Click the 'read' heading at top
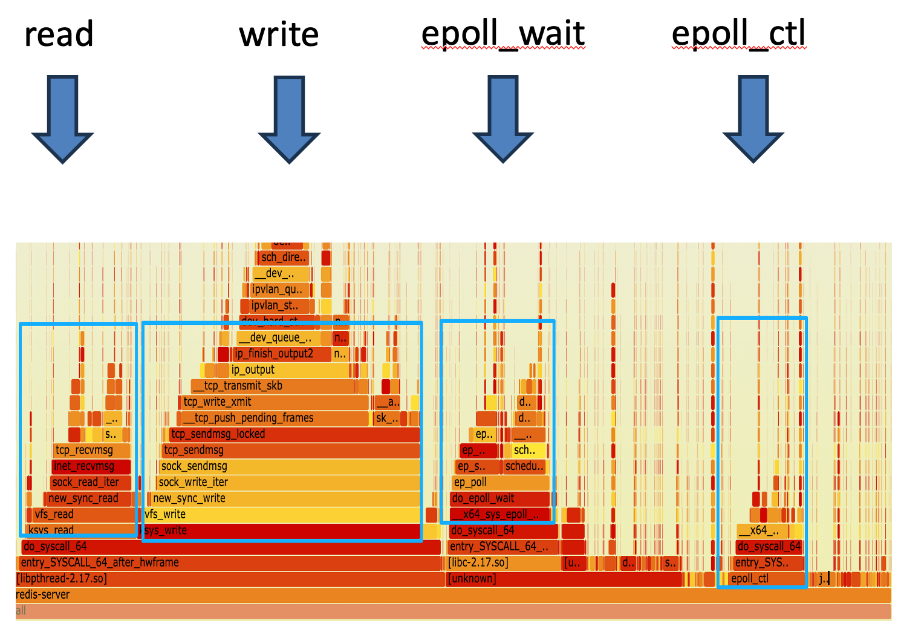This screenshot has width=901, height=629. point(59,34)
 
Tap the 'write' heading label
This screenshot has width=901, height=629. point(279,34)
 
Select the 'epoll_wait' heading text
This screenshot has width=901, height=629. point(503,34)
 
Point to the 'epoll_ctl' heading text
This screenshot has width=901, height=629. point(738,34)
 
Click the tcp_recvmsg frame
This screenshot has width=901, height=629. point(91,451)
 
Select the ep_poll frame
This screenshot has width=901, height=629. point(499,483)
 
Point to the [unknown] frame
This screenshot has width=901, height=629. point(562,579)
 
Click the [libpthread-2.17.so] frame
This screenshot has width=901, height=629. point(230,579)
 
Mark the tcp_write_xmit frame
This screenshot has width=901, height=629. point(275,402)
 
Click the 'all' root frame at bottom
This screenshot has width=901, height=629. point(454,611)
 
